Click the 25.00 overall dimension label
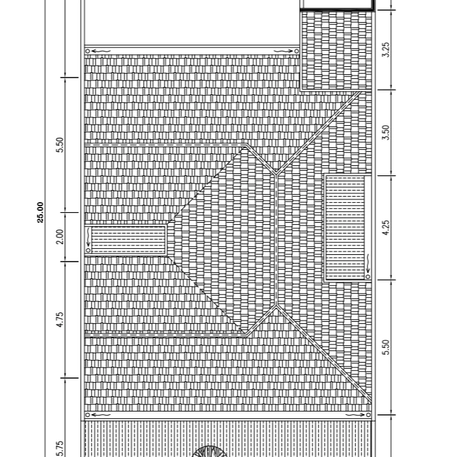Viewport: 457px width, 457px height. pos(40,213)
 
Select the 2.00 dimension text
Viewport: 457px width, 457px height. pos(60,237)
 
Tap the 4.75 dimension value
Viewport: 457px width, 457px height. pos(60,320)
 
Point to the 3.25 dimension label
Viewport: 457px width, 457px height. pos(385,50)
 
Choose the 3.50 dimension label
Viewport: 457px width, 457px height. pos(385,132)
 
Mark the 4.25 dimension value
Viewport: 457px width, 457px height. pos(385,227)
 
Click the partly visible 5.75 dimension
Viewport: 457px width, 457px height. pos(60,449)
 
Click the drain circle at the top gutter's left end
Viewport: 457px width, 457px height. pos(88,52)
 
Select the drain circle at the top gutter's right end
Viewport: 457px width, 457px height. pos(296,52)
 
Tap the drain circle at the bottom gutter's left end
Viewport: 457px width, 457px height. pos(88,415)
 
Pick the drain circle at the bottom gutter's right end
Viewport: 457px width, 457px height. pos(369,415)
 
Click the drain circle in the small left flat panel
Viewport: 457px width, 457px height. pos(88,250)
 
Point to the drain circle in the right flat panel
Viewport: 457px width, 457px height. pos(368,276)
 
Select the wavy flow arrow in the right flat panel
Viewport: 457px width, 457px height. pos(368,264)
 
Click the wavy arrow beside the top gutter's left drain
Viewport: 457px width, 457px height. pos(102,52)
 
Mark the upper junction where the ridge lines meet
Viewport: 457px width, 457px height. pos(276,174)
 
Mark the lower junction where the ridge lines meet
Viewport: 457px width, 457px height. pos(276,306)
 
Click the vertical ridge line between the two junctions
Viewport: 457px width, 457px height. pos(276,240)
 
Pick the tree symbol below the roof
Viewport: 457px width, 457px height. pos(209,451)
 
